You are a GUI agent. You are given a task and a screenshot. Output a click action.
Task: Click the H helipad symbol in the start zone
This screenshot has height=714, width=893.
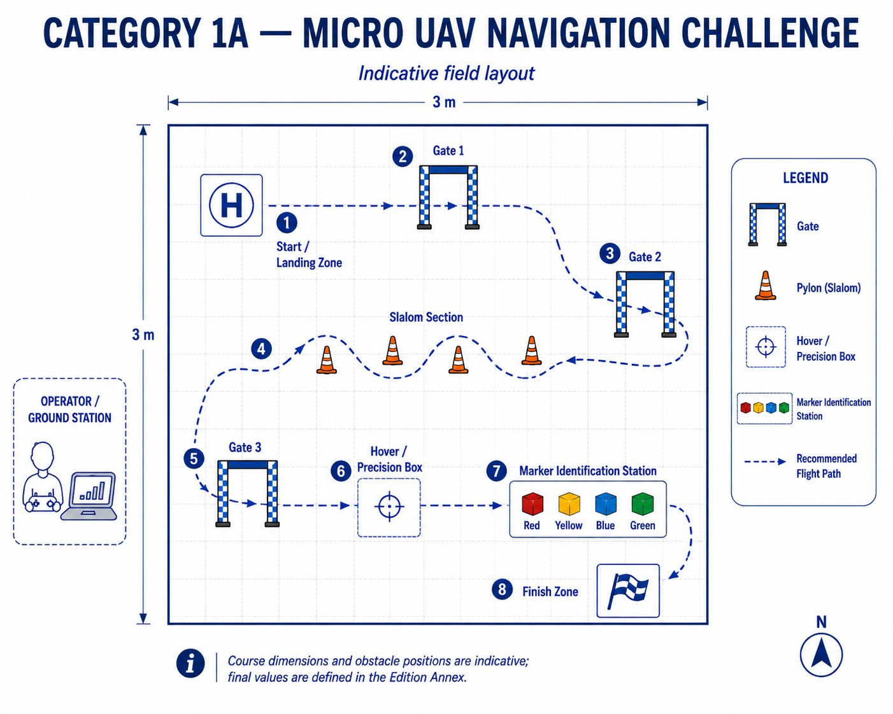(231, 206)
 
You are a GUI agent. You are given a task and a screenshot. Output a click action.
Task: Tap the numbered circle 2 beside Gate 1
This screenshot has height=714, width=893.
(402, 157)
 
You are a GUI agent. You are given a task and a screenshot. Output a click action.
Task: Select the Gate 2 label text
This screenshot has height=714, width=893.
(645, 257)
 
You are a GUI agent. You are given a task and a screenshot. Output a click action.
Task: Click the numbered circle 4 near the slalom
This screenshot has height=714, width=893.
(261, 349)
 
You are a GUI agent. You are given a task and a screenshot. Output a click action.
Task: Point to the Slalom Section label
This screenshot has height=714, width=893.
(425, 317)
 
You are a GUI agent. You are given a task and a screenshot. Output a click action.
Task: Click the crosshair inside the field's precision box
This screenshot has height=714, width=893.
(389, 507)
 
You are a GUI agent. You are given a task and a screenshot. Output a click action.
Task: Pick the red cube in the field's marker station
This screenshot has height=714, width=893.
(532, 503)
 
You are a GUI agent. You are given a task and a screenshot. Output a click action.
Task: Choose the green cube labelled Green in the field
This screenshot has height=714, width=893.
(643, 503)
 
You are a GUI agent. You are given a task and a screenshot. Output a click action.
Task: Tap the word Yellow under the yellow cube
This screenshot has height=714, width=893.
(569, 526)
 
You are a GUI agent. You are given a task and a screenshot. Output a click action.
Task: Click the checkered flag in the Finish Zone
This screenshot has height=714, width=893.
(627, 591)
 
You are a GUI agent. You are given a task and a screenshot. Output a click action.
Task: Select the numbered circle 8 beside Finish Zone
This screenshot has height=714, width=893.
(502, 589)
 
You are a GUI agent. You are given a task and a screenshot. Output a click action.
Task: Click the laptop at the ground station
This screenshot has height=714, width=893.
(89, 496)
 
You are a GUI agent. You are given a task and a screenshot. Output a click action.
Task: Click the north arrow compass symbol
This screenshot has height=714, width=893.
(821, 654)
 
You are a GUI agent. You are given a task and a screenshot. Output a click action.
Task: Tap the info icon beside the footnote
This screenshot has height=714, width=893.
(190, 663)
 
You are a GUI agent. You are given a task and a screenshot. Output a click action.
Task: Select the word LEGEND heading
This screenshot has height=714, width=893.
(806, 178)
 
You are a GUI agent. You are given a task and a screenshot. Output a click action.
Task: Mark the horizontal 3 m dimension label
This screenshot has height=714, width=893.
(444, 102)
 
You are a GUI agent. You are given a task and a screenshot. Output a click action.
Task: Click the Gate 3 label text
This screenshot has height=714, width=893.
(245, 447)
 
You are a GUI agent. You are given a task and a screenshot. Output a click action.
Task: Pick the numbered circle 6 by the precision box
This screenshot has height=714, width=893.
(341, 471)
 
